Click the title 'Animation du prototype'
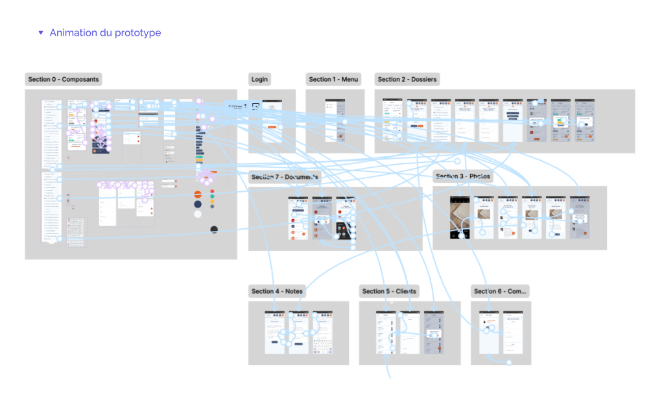(x=105, y=32)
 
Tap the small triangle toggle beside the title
(x=41, y=32)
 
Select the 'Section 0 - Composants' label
(x=64, y=79)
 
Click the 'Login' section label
(x=259, y=79)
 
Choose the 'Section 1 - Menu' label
(x=333, y=79)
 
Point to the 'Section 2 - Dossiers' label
(x=407, y=79)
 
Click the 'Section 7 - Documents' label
(x=285, y=177)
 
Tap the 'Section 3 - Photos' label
(x=463, y=176)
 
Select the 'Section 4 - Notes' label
(x=277, y=291)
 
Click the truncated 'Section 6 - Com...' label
(x=500, y=291)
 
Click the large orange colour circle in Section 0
(x=198, y=194)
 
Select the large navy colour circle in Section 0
(x=198, y=204)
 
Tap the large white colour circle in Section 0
(x=198, y=215)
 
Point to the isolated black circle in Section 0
(x=214, y=230)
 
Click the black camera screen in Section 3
(x=461, y=216)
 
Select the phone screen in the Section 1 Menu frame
(x=335, y=121)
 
